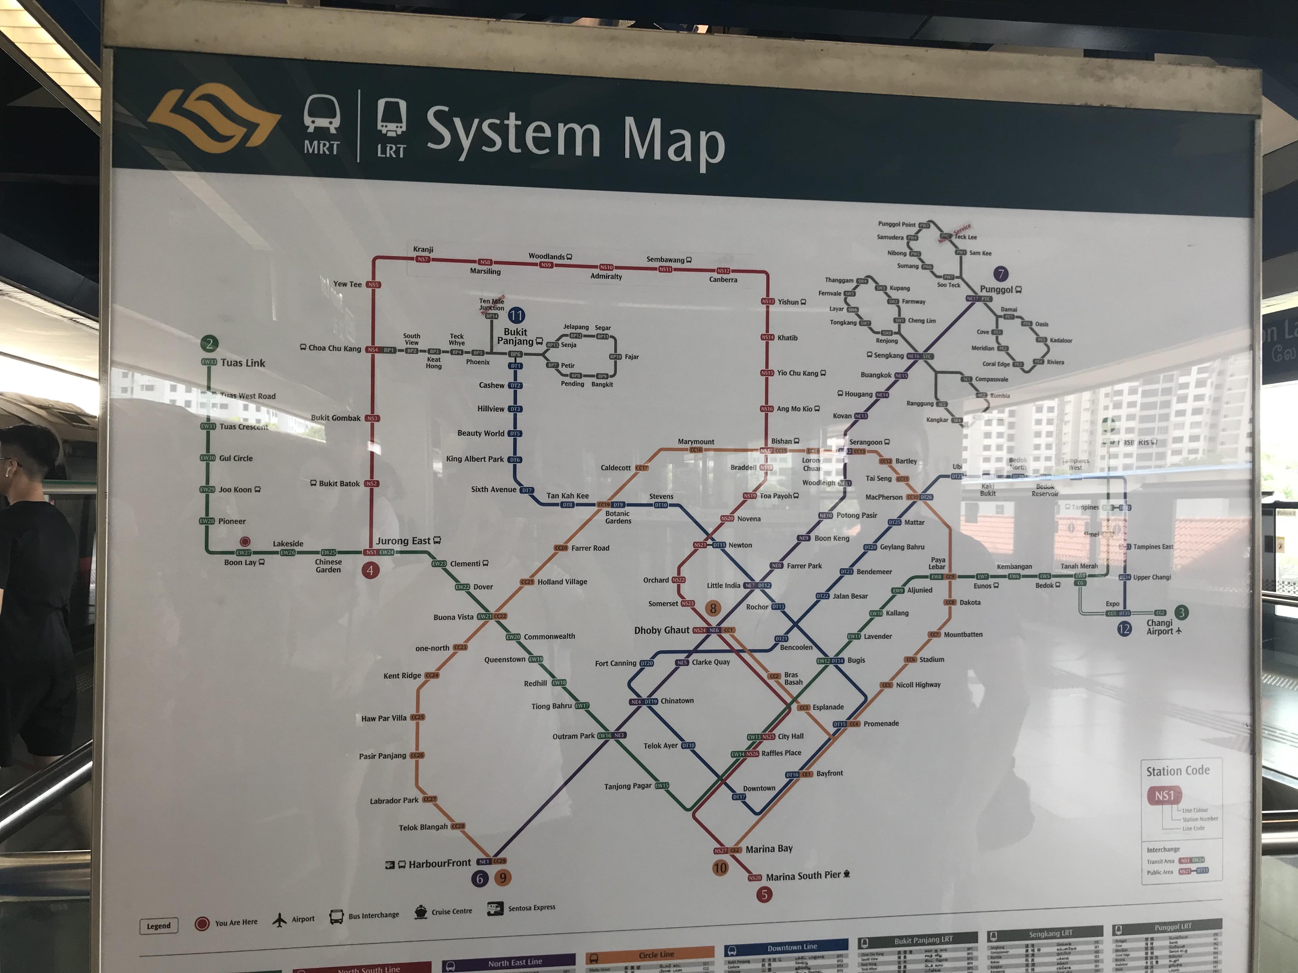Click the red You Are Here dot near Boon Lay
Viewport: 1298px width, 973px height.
click(x=245, y=541)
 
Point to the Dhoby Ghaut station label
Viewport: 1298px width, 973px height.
click(x=661, y=630)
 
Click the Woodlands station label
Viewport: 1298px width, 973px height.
click(x=546, y=256)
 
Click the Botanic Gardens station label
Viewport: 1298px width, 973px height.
click(x=618, y=517)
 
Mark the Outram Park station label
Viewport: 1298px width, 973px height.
click(x=573, y=736)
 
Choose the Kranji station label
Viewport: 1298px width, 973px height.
click(x=423, y=249)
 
